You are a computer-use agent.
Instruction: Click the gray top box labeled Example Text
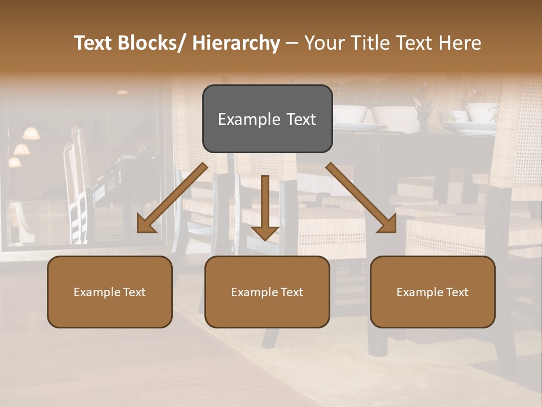pyautogui.click(x=267, y=119)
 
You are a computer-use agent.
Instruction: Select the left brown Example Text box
pyautogui.click(x=110, y=292)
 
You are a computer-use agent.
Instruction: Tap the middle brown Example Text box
pyautogui.click(x=267, y=292)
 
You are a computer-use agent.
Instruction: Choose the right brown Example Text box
pyautogui.click(x=432, y=292)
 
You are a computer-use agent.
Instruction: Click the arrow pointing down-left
pyautogui.click(x=172, y=198)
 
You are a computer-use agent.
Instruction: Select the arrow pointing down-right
pyautogui.click(x=361, y=198)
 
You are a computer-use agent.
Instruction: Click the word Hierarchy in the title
pyautogui.click(x=236, y=43)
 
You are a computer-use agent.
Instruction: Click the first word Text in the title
pyautogui.click(x=93, y=43)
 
